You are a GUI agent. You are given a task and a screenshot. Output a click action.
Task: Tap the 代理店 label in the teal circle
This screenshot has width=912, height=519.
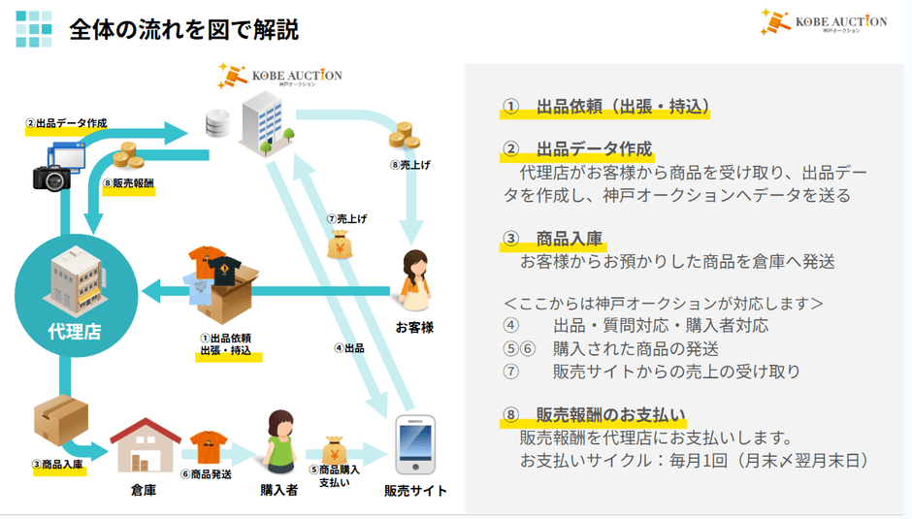[x=74, y=332]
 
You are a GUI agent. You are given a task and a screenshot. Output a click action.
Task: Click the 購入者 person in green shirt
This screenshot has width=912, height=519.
[x=278, y=441]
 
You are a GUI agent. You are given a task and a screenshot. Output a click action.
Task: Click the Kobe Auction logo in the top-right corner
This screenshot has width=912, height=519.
[x=824, y=22]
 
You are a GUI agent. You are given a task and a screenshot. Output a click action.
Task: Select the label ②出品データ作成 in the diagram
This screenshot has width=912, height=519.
[x=66, y=124]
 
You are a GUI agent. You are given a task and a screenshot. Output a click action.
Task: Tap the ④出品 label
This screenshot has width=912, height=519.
[x=348, y=347]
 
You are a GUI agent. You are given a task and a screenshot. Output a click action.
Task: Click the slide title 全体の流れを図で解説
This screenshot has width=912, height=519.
[x=183, y=29]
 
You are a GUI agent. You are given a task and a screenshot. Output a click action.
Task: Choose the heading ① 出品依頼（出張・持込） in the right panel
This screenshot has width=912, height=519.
[x=605, y=107]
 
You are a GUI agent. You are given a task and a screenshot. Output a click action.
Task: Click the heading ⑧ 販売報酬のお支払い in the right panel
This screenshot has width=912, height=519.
[x=594, y=416]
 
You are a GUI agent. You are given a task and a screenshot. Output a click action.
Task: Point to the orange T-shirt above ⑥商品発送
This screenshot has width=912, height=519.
[x=208, y=447]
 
